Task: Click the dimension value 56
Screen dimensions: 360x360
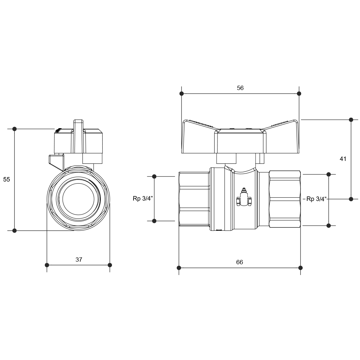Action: [240, 88]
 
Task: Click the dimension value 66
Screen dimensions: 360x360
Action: [239, 262]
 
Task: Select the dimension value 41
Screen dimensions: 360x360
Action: [343, 159]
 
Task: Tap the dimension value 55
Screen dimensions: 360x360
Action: [6, 179]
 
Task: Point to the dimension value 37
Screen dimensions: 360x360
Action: [79, 260]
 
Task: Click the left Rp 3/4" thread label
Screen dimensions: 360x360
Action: [143, 199]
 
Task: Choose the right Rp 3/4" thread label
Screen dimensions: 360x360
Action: [316, 199]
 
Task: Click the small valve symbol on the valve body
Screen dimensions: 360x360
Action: [244, 197]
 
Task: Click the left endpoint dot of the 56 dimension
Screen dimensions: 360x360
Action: [181, 94]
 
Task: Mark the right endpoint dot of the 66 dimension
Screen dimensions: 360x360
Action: [301, 268]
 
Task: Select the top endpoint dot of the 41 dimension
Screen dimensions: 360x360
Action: [351, 120]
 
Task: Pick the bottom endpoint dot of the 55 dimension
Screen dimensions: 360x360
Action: [14, 230]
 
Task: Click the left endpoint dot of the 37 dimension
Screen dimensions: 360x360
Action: [47, 265]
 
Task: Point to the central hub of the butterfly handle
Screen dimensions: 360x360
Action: [240, 141]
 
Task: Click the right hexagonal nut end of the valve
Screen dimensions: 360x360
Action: [285, 199]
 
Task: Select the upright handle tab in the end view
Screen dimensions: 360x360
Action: [78, 136]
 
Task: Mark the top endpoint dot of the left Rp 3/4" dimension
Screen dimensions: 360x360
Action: [154, 176]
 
